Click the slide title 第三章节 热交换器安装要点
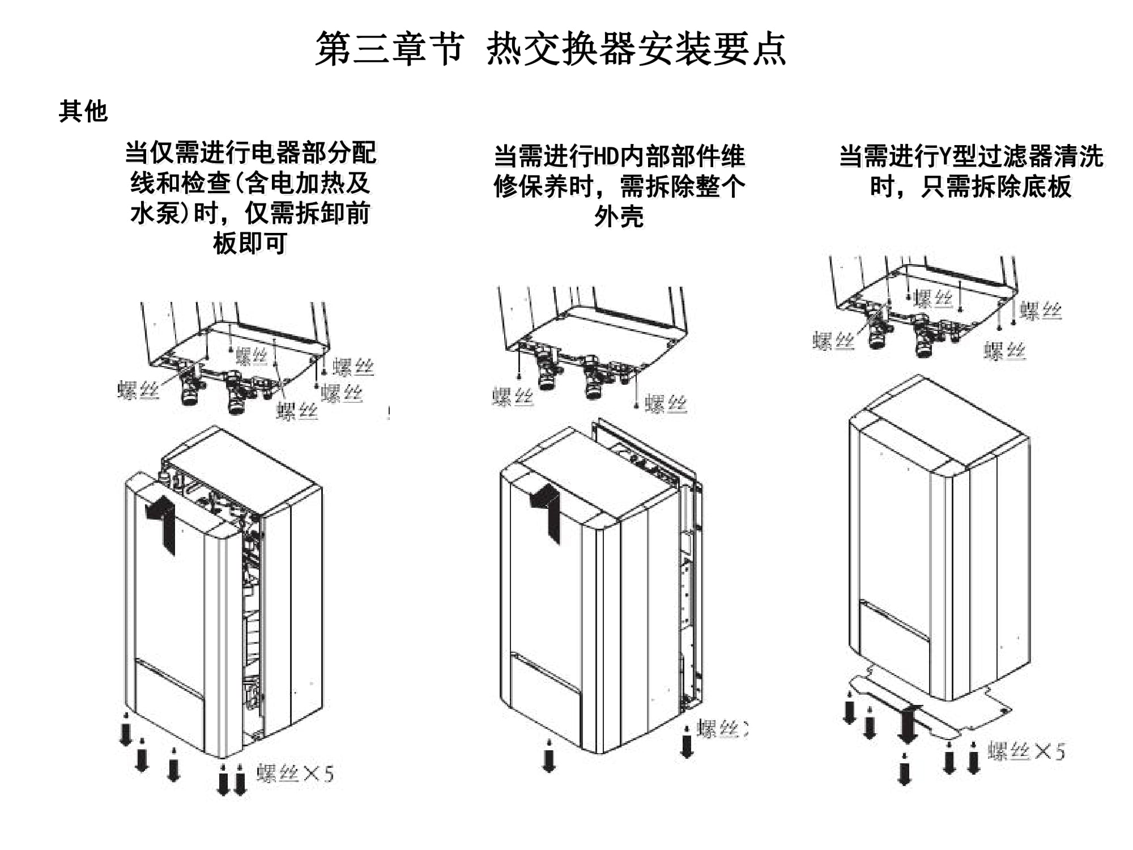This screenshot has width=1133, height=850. [550, 49]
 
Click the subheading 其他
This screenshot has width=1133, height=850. [83, 111]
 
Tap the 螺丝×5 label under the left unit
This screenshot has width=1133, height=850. [295, 773]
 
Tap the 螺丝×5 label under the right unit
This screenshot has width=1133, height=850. [1026, 751]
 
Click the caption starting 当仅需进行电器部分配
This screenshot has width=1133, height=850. [250, 198]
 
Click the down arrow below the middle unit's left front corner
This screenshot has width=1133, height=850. [548, 756]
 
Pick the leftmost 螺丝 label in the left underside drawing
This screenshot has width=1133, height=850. [138, 390]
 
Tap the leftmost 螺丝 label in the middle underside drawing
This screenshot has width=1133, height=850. [513, 397]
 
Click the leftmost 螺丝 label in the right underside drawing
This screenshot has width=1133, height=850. [833, 341]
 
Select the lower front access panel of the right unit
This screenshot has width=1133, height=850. [894, 640]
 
